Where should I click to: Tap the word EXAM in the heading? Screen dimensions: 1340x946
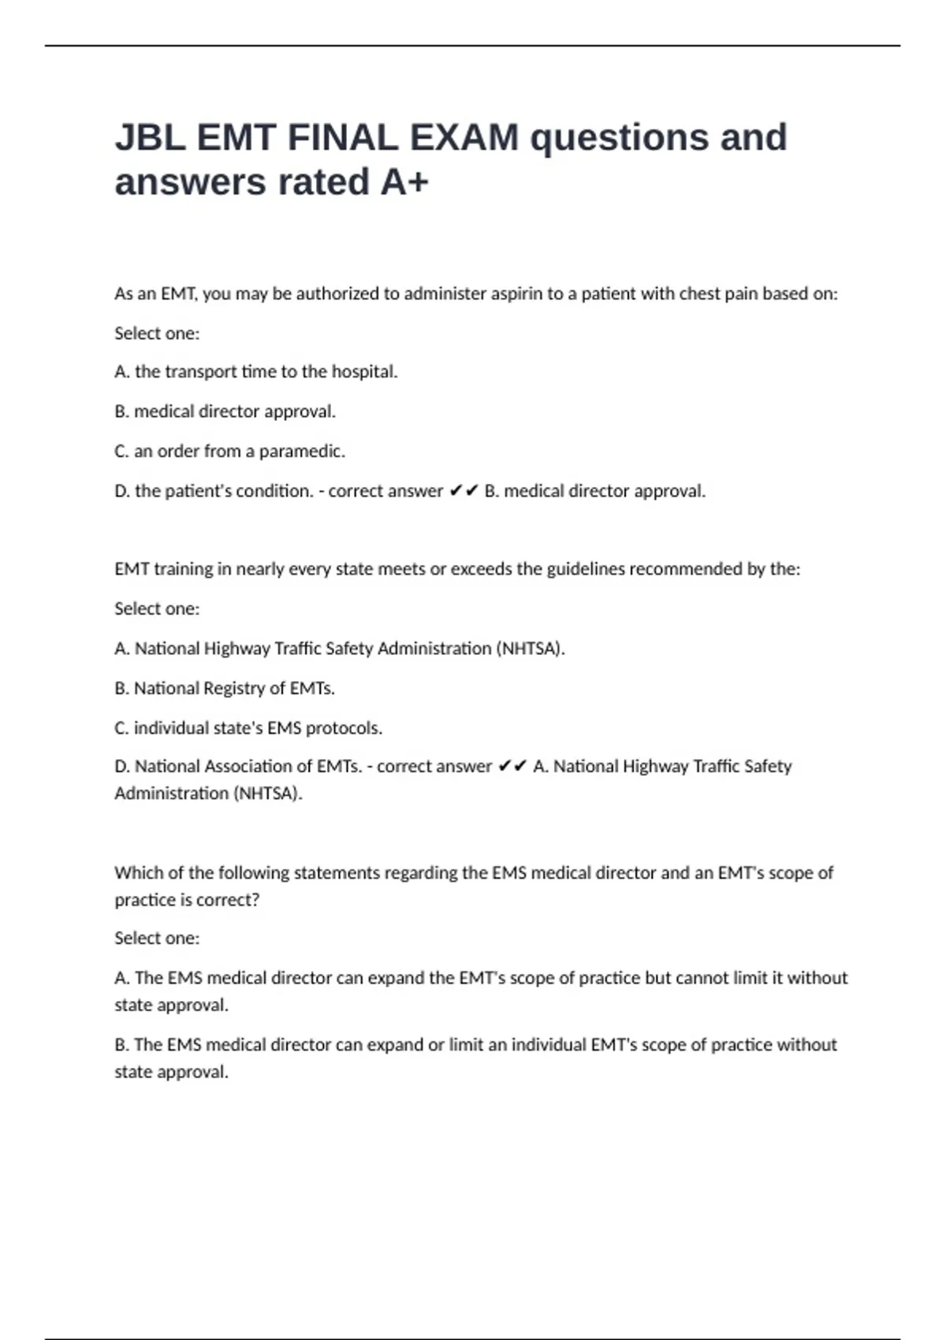(x=463, y=138)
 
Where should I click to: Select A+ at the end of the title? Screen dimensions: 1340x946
(x=404, y=182)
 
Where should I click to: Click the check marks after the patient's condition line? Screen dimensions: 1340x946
(x=464, y=491)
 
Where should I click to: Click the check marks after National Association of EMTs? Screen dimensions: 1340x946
(x=512, y=766)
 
